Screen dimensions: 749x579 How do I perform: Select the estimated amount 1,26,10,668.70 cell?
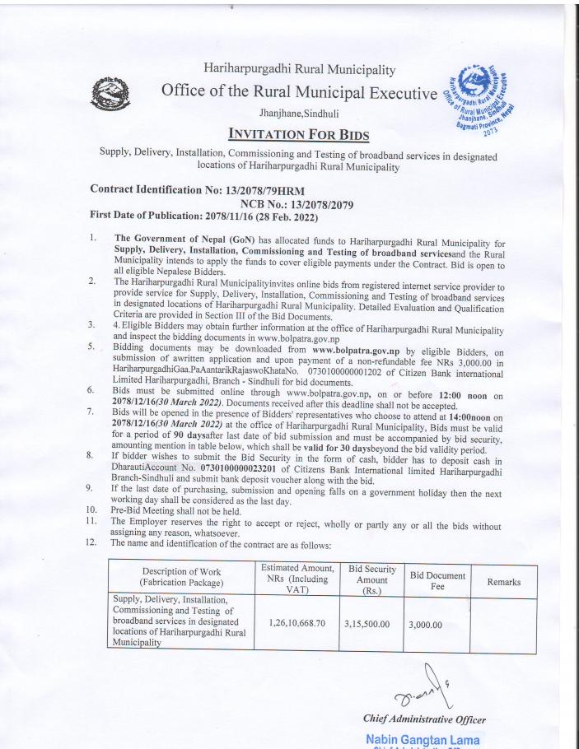(x=297, y=624)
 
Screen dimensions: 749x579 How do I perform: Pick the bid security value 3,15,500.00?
(x=369, y=624)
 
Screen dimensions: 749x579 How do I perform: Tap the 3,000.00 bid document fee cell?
(x=426, y=624)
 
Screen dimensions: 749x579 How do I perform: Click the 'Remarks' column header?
(x=503, y=582)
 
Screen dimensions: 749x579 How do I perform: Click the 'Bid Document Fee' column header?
(x=437, y=581)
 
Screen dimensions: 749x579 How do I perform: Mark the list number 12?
(x=96, y=542)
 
